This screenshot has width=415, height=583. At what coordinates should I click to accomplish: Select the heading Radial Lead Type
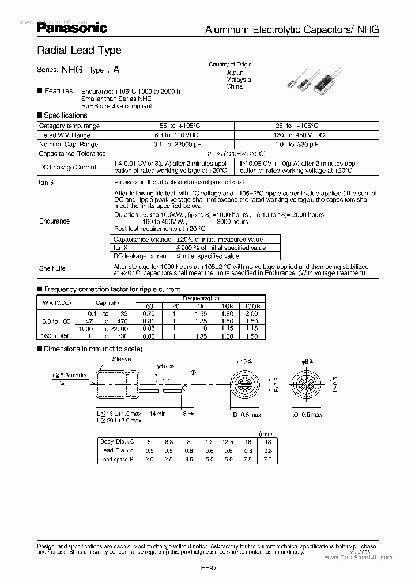(79, 50)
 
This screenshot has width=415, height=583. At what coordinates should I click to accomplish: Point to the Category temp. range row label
(69, 126)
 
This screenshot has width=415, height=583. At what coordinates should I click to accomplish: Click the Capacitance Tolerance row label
(72, 153)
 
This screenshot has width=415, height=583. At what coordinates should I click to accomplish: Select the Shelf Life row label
(52, 268)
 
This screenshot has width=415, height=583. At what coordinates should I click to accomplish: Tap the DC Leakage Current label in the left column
(67, 167)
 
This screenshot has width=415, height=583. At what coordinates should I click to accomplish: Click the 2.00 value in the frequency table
(251, 313)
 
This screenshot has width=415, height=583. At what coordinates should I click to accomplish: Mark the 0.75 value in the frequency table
(149, 313)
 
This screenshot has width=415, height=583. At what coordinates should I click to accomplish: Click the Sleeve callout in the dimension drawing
(122, 359)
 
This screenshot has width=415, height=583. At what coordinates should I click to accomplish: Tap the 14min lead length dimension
(157, 414)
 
